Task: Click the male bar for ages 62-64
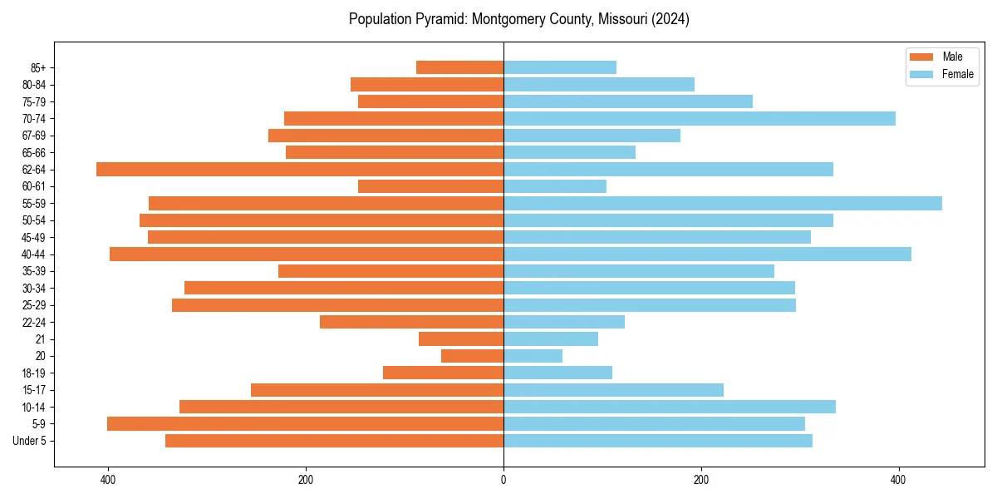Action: [300, 169]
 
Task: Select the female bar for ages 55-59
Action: [723, 203]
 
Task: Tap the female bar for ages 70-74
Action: [700, 118]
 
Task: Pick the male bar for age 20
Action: [472, 356]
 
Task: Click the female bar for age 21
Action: [551, 338]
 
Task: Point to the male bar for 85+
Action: [459, 67]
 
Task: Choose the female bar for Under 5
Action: [658, 441]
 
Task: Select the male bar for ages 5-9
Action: [305, 423]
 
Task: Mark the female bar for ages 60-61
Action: [555, 186]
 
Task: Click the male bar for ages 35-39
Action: [390, 271]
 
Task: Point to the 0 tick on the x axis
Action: [503, 480]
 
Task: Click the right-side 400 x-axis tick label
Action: [898, 480]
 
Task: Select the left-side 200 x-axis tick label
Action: [306, 480]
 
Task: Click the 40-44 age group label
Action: [33, 254]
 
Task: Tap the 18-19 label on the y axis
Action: [33, 373]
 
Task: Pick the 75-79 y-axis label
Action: [33, 101]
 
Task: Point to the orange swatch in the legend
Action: [921, 57]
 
